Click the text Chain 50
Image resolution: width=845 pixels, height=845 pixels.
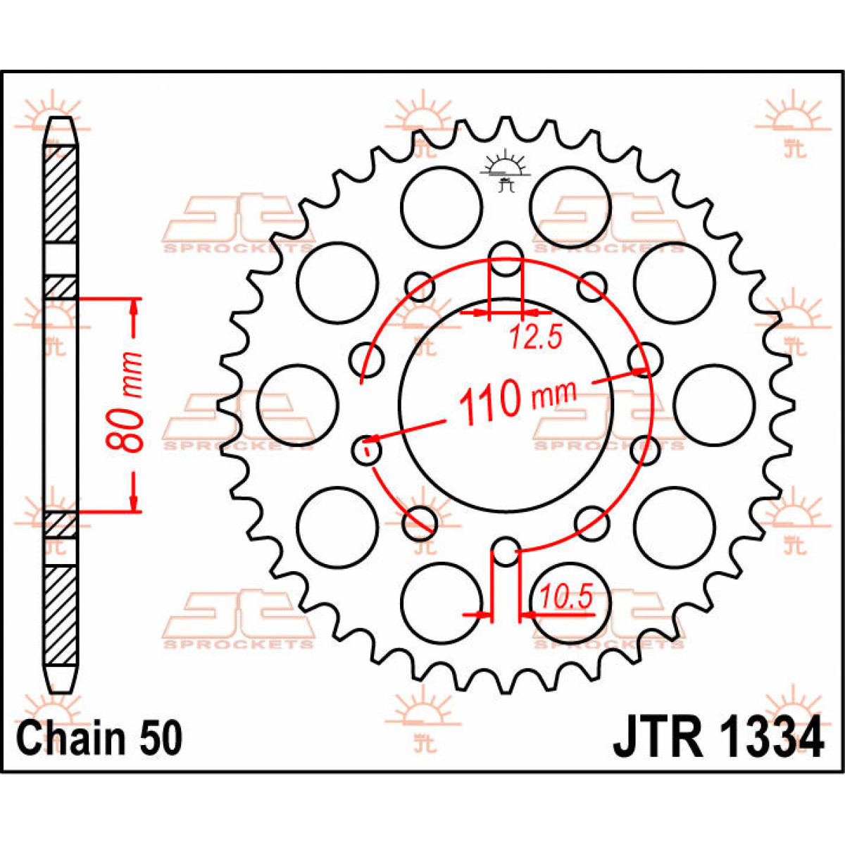(x=99, y=739)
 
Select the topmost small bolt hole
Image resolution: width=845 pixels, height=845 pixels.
(x=506, y=258)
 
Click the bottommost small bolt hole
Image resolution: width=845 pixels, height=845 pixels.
(x=506, y=551)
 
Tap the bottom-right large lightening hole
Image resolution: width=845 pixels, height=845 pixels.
(x=674, y=527)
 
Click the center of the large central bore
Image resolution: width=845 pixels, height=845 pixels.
(x=506, y=405)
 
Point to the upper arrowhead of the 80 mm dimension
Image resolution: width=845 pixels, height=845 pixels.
(x=134, y=307)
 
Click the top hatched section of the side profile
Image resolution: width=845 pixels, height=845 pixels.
(x=61, y=194)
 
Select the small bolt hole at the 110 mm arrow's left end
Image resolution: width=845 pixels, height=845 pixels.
(x=366, y=449)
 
